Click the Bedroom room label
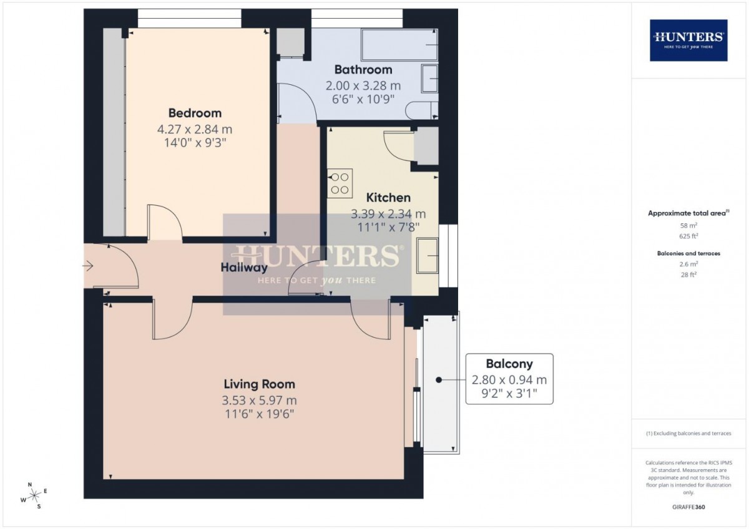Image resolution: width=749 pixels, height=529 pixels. pyautogui.click(x=195, y=114)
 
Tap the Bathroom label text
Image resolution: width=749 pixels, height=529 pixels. pyautogui.click(x=363, y=70)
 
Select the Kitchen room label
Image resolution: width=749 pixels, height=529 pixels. pyautogui.click(x=388, y=198)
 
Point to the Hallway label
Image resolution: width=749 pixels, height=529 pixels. pyautogui.click(x=244, y=268)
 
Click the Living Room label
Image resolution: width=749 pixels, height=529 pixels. pyautogui.click(x=260, y=384)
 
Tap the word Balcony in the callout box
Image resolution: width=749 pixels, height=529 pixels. pyautogui.click(x=509, y=364)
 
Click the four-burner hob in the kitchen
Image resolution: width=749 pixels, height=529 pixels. pyautogui.click(x=340, y=183)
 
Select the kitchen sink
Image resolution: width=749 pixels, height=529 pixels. pyautogui.click(x=428, y=256)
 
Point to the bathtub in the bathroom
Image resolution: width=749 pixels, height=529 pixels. pyautogui.click(x=399, y=44)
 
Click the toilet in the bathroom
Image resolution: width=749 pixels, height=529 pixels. pyautogui.click(x=422, y=110)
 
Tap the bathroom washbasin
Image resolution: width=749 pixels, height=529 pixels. pyautogui.click(x=429, y=79)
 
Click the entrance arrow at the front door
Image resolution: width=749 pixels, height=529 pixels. pyautogui.click(x=88, y=266)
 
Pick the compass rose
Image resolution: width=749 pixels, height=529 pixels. pyautogui.click(x=34, y=495)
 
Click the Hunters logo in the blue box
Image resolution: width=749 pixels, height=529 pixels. pyautogui.click(x=688, y=41)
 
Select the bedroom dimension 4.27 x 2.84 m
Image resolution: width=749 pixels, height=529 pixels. pyautogui.click(x=195, y=129)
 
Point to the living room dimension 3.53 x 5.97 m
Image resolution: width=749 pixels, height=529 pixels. pyautogui.click(x=260, y=400)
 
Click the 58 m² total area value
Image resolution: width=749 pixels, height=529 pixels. pyautogui.click(x=688, y=226)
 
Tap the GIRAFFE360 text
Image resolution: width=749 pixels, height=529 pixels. pyautogui.click(x=688, y=507)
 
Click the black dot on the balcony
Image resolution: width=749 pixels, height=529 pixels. pyautogui.click(x=439, y=380)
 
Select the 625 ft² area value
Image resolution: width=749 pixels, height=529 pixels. pyautogui.click(x=688, y=236)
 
